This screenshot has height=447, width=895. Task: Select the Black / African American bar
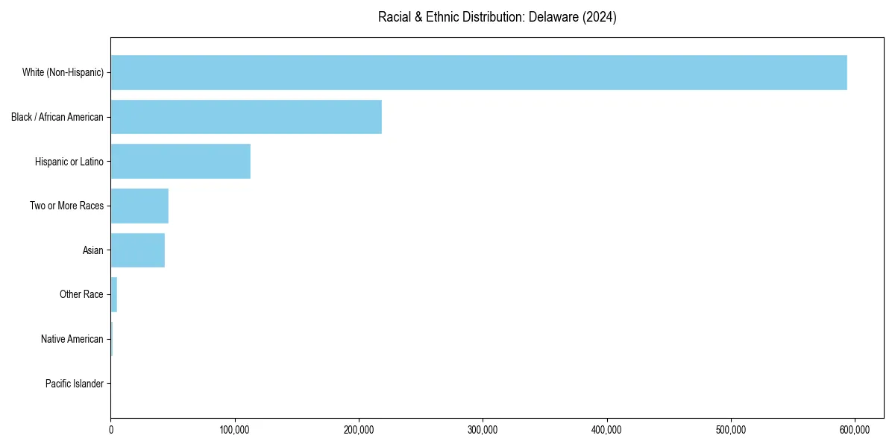(246, 117)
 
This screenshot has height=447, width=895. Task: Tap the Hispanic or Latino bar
(180, 161)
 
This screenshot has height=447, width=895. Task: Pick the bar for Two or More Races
(139, 206)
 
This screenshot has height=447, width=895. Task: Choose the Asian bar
(138, 250)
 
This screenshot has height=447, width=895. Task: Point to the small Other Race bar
(114, 294)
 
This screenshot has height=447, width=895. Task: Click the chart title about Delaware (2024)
(497, 17)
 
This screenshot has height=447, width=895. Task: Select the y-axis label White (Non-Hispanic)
(63, 72)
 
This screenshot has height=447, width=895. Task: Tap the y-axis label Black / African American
(57, 117)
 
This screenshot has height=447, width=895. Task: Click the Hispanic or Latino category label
(69, 161)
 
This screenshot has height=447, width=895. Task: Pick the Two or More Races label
(67, 206)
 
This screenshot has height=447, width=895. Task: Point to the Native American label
(72, 339)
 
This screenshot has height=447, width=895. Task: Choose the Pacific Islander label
(75, 384)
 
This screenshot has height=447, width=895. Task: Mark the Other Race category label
(81, 294)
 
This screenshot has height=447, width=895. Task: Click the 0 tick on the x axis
(111, 430)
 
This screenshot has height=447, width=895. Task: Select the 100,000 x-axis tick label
(235, 430)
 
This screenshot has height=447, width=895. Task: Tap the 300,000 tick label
(483, 430)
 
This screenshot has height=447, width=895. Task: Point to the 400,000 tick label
(607, 430)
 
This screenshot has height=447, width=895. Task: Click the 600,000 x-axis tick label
(855, 430)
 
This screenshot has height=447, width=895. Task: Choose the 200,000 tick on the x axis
(359, 430)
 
